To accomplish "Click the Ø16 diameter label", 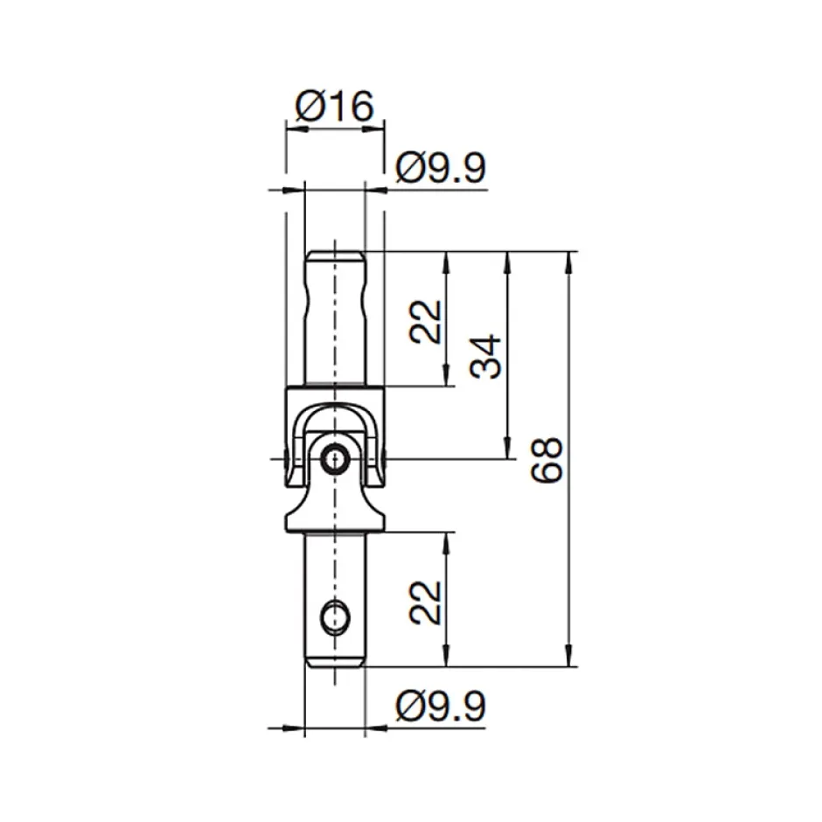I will (x=335, y=107).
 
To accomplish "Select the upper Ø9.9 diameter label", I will (x=440, y=168).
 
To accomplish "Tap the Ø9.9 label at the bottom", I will (x=440, y=706).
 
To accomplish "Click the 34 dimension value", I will (x=487, y=355).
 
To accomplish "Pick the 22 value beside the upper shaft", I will (x=427, y=321).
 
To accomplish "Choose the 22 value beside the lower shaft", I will (x=427, y=600).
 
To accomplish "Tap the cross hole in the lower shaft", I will (x=334, y=617).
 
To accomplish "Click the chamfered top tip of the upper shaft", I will (x=334, y=256).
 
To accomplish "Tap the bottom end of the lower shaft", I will (x=334, y=662).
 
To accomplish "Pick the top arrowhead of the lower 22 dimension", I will (x=448, y=540).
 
